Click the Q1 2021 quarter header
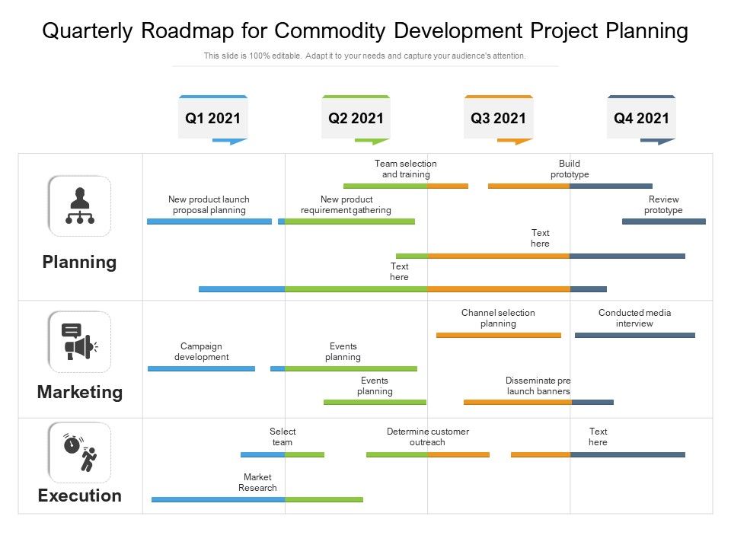[212, 118]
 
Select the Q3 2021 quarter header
[498, 118]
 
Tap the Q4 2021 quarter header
[641, 118]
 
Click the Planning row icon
[80, 206]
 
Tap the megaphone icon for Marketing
[80, 342]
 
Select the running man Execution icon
[80, 452]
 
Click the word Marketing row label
[80, 392]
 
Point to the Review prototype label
[663, 205]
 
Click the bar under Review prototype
[663, 221]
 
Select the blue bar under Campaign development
[201, 368]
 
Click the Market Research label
[257, 483]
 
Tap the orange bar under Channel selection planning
[498, 335]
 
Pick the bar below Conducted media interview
[634, 335]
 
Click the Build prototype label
[570, 169]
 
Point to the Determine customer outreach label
[427, 437]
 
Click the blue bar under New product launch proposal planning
[209, 221]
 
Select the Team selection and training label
[405, 169]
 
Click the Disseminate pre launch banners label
[538, 386]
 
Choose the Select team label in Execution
[283, 437]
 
